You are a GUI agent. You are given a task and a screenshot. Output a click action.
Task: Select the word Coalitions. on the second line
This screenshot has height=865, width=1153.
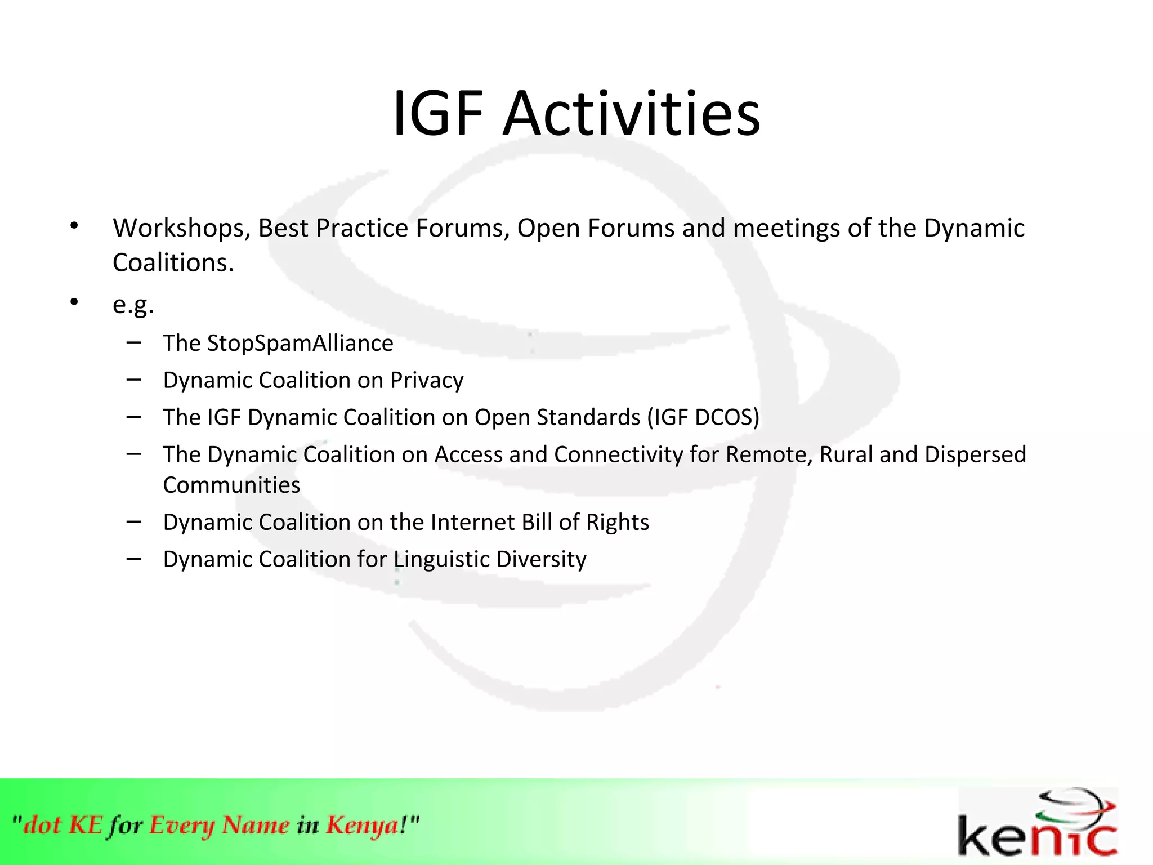click(x=173, y=263)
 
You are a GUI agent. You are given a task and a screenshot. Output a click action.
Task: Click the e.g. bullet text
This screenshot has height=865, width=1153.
click(x=133, y=305)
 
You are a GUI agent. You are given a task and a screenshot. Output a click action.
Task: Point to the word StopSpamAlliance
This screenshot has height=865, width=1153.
click(x=300, y=344)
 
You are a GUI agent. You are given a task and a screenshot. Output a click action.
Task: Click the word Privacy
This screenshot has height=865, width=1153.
click(x=427, y=381)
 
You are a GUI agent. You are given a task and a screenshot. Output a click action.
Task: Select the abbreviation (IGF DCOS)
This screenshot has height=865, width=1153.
click(x=703, y=418)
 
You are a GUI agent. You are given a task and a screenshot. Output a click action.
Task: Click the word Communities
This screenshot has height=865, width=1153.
click(x=231, y=485)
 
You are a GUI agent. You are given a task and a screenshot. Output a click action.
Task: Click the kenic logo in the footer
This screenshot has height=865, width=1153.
click(x=1037, y=823)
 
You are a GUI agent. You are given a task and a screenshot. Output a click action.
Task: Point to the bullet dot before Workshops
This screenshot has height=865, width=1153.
click(x=74, y=226)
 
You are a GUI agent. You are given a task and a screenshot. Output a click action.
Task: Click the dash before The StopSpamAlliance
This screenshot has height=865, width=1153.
click(x=133, y=342)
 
